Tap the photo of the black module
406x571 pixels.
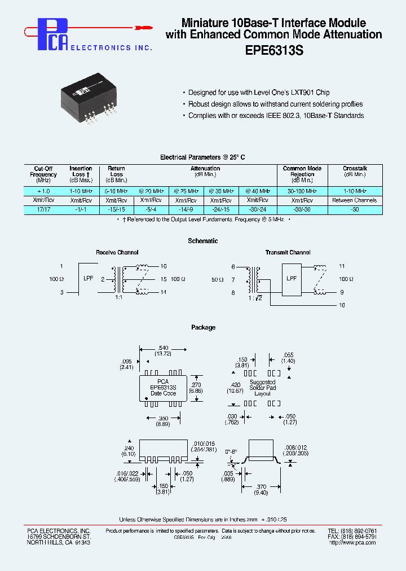(91, 99)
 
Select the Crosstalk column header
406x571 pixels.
(355, 169)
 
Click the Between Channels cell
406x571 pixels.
(355, 200)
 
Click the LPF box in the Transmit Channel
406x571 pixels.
(292, 279)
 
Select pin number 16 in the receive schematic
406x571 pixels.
(164, 266)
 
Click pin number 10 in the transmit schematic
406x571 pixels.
(342, 305)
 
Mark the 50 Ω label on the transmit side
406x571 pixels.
(217, 279)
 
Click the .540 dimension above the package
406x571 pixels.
(164, 348)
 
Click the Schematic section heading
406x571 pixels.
(203, 241)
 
